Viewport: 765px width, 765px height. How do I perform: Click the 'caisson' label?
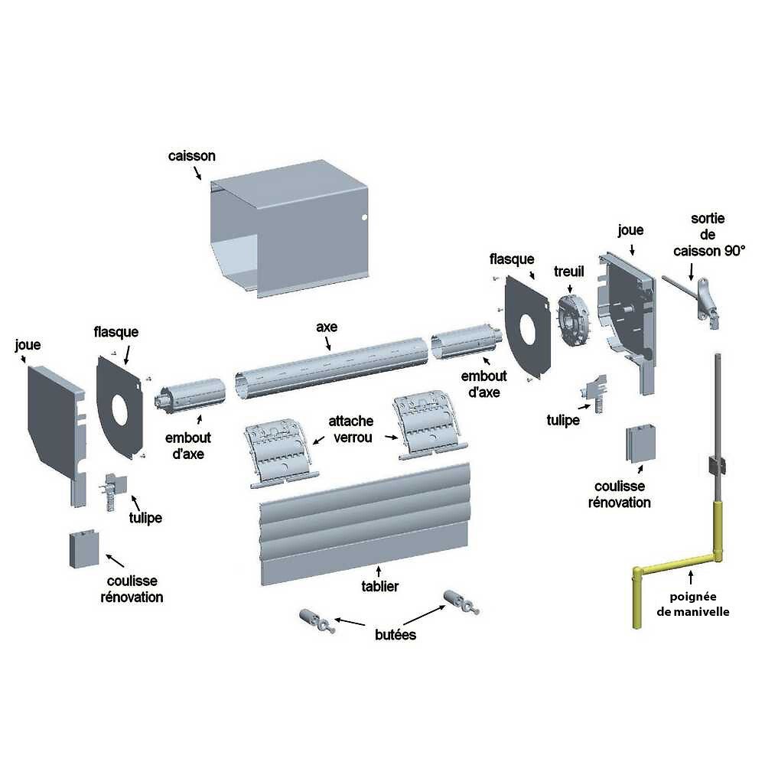pos(191,156)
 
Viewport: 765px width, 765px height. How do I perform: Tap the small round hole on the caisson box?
pos(364,218)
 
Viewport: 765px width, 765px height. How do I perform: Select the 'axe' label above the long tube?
pos(327,327)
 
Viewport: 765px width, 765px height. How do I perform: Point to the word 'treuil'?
pos(569,272)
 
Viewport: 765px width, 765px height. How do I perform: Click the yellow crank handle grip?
pos(636,597)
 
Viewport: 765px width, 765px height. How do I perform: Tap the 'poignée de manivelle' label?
pos(693,604)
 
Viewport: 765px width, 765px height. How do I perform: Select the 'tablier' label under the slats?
pos(380,587)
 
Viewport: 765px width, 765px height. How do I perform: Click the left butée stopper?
pos(317,618)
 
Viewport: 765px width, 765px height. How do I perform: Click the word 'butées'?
pos(396,634)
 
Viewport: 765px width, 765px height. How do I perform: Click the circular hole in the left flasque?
pos(120,409)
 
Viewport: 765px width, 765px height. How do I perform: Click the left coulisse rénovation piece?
pos(82,548)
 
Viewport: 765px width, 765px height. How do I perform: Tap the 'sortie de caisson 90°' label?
pos(708,234)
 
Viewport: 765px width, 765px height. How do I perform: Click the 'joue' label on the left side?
pos(28,345)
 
